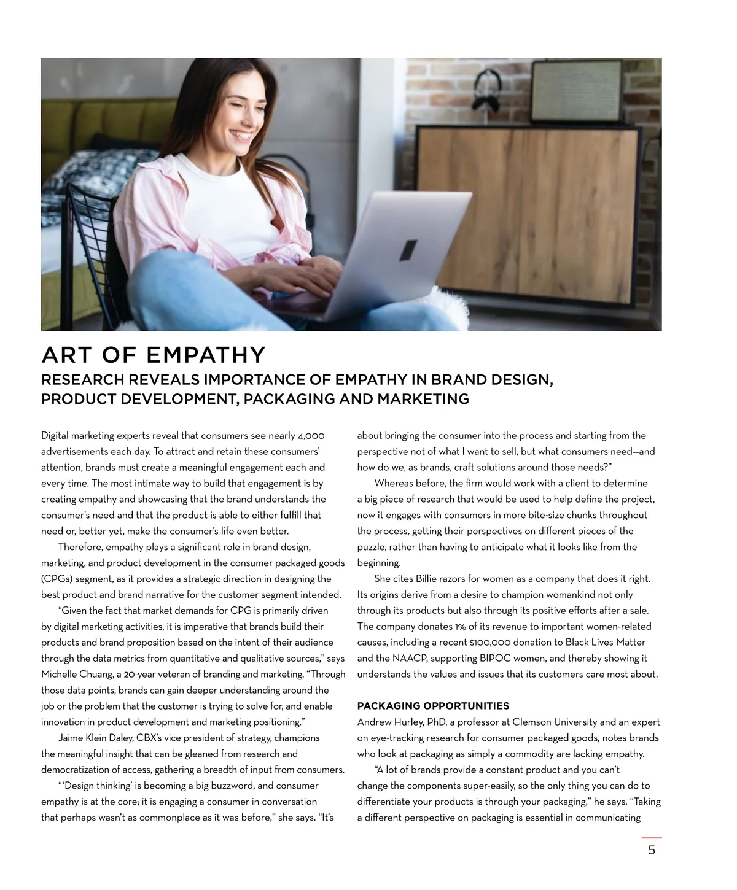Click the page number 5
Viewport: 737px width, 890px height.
pos(652,851)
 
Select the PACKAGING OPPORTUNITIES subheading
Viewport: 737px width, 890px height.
pos(433,706)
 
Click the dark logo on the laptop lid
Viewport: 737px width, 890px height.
pos(407,249)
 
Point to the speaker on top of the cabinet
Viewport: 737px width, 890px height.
pos(577,90)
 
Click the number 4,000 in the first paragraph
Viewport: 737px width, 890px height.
pos(311,436)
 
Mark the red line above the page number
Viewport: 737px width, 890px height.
pos(652,837)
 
